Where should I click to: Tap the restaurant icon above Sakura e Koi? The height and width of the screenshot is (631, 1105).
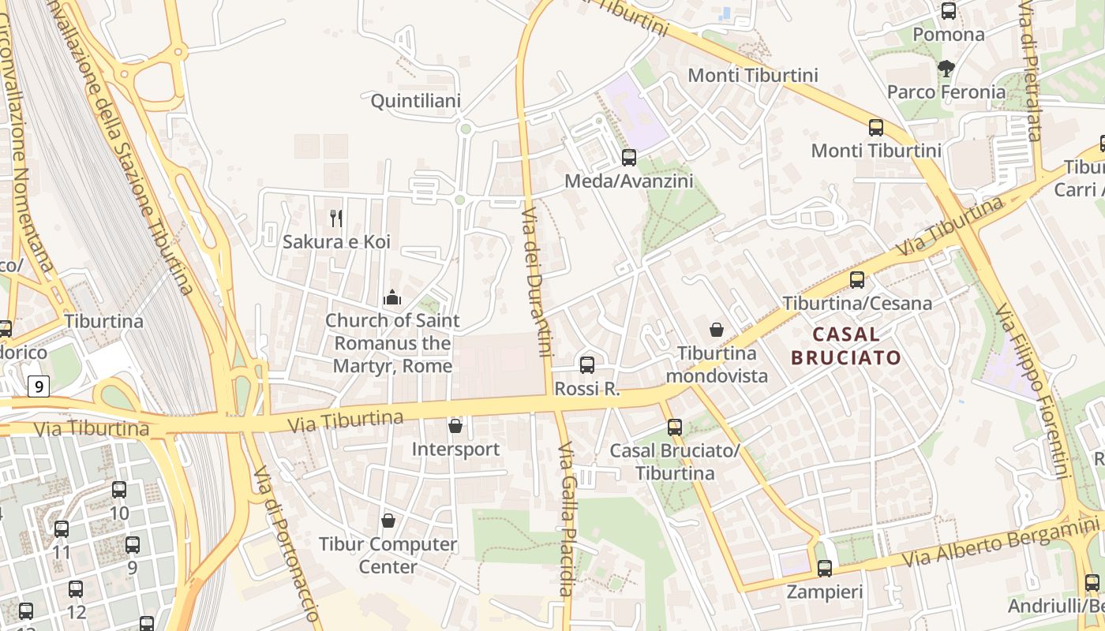336,218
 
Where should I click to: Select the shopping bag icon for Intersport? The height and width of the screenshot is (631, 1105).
455,427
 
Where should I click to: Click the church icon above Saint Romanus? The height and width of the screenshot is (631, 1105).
392,297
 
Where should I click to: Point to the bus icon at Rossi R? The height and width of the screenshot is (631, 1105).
587,365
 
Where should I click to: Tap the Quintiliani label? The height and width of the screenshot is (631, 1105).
416,101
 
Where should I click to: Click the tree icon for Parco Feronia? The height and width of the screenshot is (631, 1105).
946,69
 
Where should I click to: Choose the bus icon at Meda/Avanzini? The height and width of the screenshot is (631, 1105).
629,158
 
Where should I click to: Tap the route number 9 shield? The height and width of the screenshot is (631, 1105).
39,386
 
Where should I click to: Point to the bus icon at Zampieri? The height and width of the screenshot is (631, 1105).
825,568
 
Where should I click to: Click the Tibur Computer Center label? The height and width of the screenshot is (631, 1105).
388,555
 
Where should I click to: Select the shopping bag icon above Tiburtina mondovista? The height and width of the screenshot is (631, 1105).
717,330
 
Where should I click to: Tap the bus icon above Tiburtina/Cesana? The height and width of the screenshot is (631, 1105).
857,280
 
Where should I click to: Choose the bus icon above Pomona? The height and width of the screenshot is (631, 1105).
949,12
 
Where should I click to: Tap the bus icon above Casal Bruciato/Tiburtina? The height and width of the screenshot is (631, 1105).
675,428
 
